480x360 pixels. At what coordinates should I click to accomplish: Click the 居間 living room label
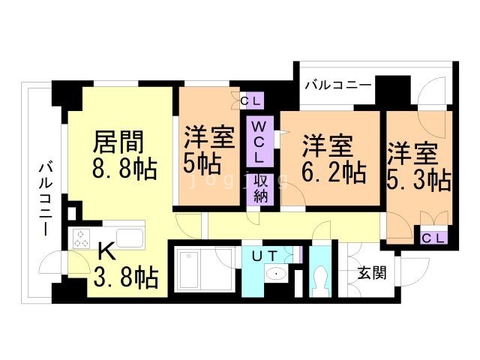[118, 142]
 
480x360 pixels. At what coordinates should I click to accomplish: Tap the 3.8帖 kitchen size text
[126, 279]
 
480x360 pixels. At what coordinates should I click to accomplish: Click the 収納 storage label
[260, 188]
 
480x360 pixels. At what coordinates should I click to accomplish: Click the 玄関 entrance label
[370, 272]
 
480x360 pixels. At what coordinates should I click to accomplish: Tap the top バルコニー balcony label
[337, 85]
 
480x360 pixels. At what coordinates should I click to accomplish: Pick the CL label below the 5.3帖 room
[433, 238]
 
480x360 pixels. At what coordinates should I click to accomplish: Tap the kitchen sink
[129, 240]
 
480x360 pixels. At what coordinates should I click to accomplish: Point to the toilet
[322, 278]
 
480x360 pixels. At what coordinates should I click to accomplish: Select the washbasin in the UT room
[276, 274]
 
